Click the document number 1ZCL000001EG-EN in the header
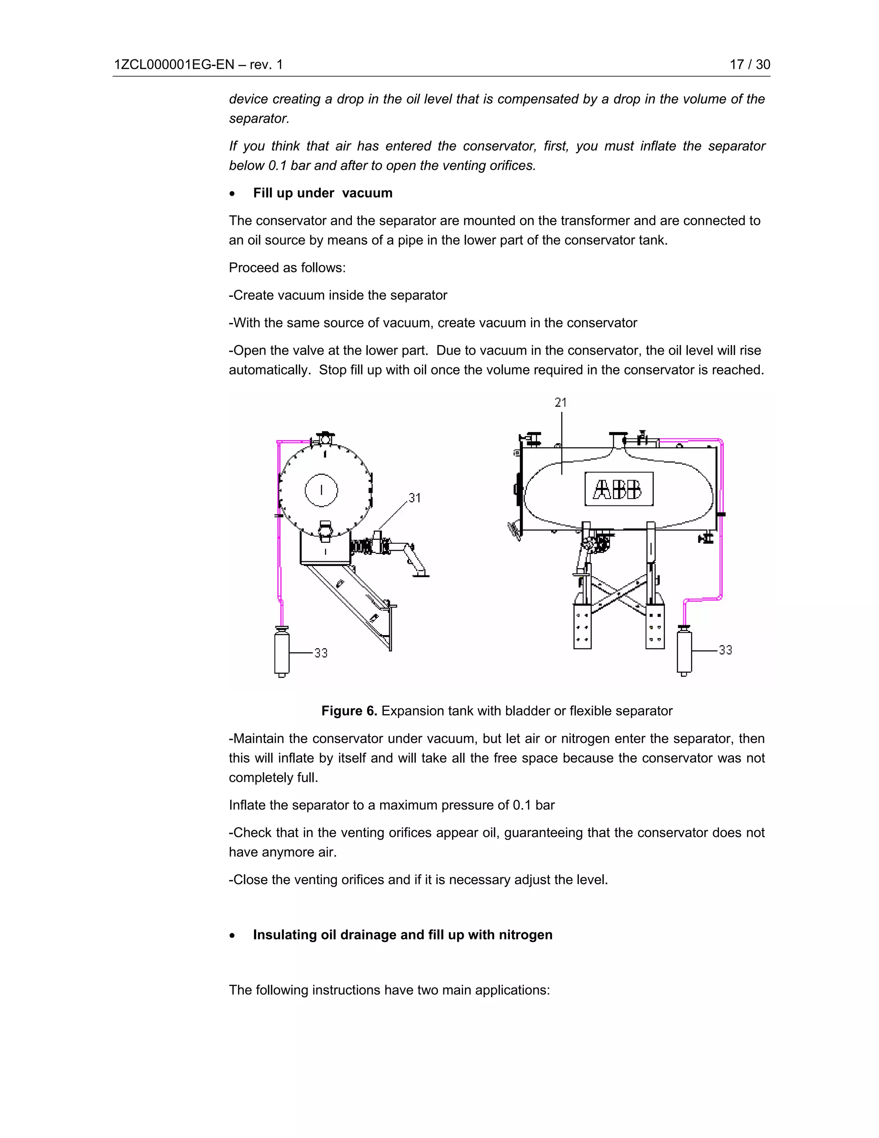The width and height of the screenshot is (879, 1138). point(174,64)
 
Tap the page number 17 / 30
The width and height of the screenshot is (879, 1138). point(749,64)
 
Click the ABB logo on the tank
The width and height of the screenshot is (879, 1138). point(618,489)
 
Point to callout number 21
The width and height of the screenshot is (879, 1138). point(560,402)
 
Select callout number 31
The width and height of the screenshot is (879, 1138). point(415,498)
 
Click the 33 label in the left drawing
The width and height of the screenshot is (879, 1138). point(321,653)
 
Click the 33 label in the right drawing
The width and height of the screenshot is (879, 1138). point(725,650)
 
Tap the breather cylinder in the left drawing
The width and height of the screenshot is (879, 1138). point(282,652)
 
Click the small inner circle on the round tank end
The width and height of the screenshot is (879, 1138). point(321,490)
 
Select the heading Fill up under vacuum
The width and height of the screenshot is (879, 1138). point(322,193)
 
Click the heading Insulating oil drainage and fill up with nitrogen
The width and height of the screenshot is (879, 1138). point(402,934)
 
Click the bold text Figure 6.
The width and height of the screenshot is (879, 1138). point(349,711)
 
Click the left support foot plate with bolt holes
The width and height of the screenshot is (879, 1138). point(582,627)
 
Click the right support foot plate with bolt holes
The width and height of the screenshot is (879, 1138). point(655,627)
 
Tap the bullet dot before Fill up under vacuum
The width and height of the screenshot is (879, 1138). point(232,194)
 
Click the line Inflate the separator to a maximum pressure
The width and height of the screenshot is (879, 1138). point(391,805)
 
